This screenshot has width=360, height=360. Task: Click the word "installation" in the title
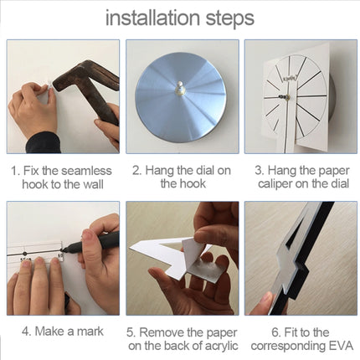click(x=152, y=18)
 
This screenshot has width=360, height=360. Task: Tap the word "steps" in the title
click(x=230, y=18)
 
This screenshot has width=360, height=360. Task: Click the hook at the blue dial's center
click(x=180, y=89)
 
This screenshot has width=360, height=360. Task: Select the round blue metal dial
click(x=180, y=97)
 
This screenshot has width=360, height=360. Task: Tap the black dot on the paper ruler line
click(x=25, y=254)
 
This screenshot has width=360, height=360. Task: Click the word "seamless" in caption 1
click(x=86, y=171)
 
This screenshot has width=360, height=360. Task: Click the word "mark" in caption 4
click(x=90, y=332)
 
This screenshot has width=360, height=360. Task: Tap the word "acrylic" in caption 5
click(x=222, y=346)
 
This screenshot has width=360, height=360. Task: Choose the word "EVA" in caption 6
click(x=342, y=346)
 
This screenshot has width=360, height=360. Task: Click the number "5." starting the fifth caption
click(x=131, y=332)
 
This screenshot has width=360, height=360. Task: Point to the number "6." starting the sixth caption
click(x=276, y=332)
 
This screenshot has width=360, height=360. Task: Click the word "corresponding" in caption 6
click(x=289, y=347)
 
